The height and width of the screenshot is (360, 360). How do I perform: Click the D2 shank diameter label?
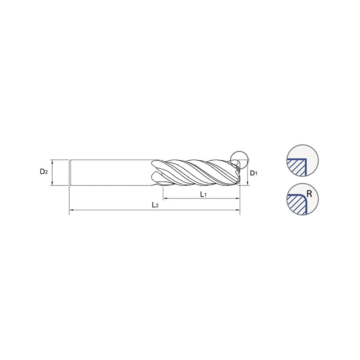tap(44, 171)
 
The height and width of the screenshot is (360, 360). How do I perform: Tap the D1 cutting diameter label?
tap(253, 173)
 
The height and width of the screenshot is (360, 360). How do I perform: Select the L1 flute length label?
tap(203, 194)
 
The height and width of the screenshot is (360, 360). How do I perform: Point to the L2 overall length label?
tap(155, 205)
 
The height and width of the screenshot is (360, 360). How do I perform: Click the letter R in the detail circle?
tap(309, 194)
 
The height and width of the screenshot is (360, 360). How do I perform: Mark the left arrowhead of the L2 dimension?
tap(71, 210)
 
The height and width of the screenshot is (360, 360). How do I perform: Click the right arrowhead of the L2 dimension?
tap(238, 210)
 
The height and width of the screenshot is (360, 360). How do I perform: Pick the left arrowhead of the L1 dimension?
tap(165, 198)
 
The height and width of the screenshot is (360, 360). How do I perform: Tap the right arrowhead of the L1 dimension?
tap(238, 198)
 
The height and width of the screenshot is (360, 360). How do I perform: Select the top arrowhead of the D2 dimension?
tap(52, 162)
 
